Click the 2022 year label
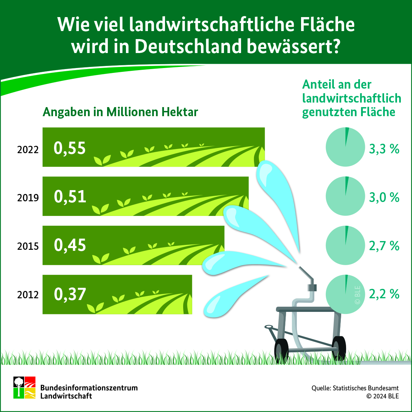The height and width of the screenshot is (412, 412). (28, 150)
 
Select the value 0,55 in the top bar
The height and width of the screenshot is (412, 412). (70, 148)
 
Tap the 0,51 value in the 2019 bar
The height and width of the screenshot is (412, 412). (70, 196)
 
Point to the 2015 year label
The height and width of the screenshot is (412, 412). (28, 246)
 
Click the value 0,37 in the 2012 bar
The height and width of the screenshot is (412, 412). (70, 294)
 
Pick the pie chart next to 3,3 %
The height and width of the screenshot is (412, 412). (345, 147)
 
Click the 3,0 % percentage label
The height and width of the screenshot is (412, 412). (384, 197)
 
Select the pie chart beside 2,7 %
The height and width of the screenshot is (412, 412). (345, 245)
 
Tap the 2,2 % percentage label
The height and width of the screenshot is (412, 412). (384, 294)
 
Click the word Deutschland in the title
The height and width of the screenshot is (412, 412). (188, 46)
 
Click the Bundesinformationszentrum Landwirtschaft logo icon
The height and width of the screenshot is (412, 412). (24, 388)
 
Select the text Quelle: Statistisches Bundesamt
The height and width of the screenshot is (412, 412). (355, 388)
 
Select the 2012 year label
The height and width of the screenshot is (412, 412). (28, 295)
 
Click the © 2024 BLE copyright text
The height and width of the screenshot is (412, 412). (383, 396)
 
